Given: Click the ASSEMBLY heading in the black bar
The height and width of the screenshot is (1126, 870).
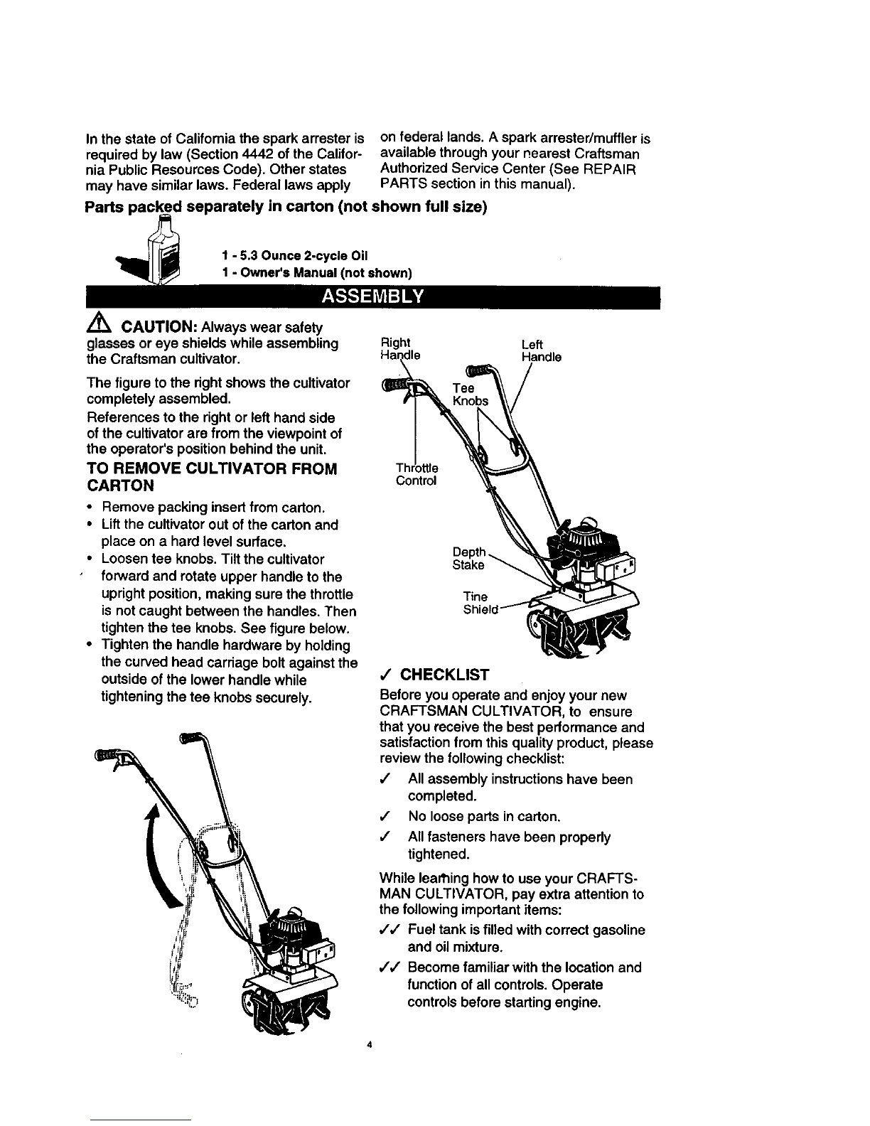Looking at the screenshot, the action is [x=372, y=296].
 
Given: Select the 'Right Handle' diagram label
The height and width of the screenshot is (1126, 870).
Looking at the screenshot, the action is [x=399, y=349].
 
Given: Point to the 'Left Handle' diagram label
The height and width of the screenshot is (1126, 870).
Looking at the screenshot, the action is [x=541, y=350].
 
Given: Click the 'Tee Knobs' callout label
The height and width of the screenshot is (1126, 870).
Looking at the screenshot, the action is [x=470, y=395].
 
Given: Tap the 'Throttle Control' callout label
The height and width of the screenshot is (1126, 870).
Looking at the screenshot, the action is [x=417, y=474].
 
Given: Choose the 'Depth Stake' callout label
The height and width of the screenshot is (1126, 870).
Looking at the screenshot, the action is [x=469, y=558].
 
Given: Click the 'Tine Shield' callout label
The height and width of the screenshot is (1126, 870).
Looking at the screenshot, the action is [x=480, y=603].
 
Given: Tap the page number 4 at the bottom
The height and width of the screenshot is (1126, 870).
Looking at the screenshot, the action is [x=370, y=1045].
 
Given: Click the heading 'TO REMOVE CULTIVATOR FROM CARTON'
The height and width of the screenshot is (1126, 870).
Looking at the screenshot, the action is [x=211, y=477].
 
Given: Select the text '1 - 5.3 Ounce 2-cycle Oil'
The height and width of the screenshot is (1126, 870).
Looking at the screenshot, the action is [x=294, y=255].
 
